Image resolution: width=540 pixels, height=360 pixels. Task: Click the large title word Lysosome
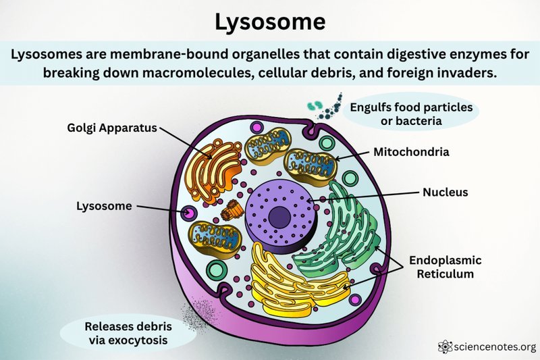pyautogui.click(x=270, y=22)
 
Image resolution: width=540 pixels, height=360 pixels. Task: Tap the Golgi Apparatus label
pyautogui.click(x=112, y=128)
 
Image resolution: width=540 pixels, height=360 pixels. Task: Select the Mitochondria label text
pyautogui.click(x=411, y=152)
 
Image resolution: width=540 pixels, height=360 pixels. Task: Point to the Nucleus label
pyautogui.click(x=446, y=192)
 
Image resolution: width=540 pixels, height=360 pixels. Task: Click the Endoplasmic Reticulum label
pyautogui.click(x=446, y=267)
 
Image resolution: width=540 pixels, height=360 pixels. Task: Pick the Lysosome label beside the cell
pyautogui.click(x=104, y=206)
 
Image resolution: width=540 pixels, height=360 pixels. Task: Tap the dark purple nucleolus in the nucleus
pyautogui.click(x=279, y=217)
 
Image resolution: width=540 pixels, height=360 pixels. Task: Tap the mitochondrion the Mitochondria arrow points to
pyautogui.click(x=310, y=165)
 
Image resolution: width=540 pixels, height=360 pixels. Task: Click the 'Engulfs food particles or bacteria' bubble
pyautogui.click(x=411, y=113)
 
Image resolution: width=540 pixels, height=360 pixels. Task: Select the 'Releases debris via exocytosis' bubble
pyautogui.click(x=128, y=333)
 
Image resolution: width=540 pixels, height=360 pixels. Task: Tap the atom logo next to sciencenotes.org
pyautogui.click(x=445, y=346)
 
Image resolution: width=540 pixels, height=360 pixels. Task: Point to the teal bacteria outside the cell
pyautogui.click(x=315, y=105)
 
